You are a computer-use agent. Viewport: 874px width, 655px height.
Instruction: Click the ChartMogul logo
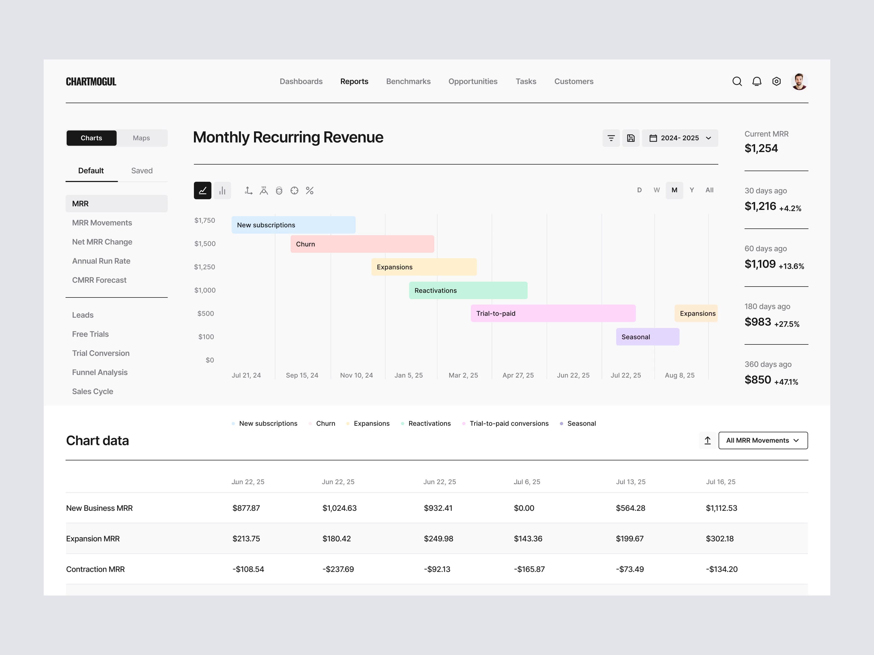pos(91,82)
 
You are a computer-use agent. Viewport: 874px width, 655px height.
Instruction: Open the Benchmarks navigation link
pos(408,81)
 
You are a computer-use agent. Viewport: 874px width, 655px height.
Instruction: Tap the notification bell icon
pos(756,81)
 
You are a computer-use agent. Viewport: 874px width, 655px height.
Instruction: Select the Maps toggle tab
pos(141,138)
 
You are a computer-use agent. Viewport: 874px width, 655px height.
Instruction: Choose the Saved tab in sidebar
pos(142,171)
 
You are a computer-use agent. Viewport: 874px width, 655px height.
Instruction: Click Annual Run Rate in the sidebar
pos(101,261)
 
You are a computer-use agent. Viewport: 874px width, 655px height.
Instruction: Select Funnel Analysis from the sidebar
pos(100,372)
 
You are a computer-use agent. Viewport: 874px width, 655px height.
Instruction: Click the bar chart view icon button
pos(222,191)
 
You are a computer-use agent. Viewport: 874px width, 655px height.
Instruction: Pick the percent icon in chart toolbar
pos(309,191)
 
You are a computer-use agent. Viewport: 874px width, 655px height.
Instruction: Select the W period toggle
pos(656,190)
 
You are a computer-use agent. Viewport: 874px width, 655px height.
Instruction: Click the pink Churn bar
pos(362,244)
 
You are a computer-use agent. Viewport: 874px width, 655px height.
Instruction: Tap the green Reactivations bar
pos(468,290)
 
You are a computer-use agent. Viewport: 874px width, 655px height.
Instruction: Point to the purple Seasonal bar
pos(647,337)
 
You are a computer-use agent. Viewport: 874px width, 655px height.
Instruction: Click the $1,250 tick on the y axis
pos(204,267)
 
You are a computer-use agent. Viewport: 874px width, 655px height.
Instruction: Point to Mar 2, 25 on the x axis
pos(463,375)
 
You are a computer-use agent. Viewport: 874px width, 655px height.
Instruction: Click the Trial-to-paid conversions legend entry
pos(509,423)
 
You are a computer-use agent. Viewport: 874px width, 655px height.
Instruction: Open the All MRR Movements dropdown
pos(763,440)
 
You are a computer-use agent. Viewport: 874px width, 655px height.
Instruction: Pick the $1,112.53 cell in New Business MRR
pos(721,508)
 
